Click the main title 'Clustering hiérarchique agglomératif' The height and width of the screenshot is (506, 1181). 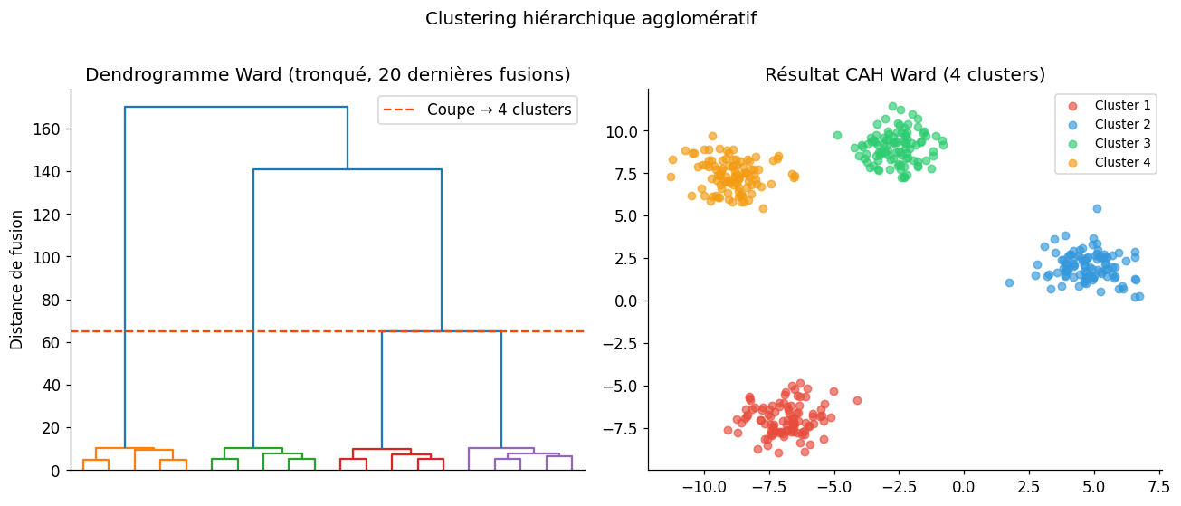click(590, 19)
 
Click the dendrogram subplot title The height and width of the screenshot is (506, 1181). click(328, 75)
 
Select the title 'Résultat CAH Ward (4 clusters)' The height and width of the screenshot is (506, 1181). click(904, 75)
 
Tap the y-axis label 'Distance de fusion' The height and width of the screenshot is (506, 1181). click(17, 280)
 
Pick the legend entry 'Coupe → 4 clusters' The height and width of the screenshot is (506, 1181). click(479, 110)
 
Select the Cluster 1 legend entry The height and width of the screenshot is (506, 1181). click(1106, 105)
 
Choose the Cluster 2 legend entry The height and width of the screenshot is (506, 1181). click(1106, 124)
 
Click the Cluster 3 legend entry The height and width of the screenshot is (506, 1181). click(1106, 143)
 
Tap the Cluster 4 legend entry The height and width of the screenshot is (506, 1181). click(1106, 162)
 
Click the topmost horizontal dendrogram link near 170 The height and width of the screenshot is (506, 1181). click(236, 108)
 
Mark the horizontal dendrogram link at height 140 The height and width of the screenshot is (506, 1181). click(348, 170)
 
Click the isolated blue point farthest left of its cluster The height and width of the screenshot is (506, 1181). click(1009, 282)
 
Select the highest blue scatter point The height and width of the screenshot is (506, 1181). click(1097, 208)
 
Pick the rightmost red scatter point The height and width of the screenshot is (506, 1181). click(857, 400)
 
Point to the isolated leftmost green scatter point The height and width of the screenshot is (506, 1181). click(837, 135)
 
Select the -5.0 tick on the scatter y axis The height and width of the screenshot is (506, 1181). click(625, 386)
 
